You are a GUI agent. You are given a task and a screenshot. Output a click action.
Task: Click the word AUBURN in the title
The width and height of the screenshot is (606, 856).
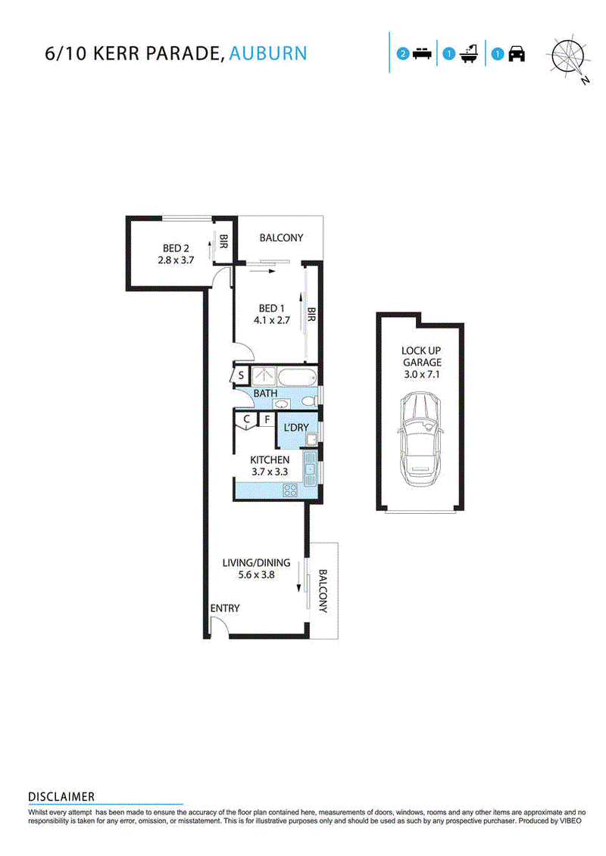pos(268,54)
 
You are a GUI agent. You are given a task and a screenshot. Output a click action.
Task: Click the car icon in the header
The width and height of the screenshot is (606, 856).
pos(517,54)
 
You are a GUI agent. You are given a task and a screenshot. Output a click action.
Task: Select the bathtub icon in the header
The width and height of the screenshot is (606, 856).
pos(470,54)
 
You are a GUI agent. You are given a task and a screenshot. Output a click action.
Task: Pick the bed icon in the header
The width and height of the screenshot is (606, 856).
pos(422,54)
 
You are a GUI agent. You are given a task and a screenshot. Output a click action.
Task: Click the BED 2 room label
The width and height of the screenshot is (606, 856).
pos(176,248)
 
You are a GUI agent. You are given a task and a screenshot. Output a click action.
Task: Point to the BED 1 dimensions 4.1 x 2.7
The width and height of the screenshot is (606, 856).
pos(272,320)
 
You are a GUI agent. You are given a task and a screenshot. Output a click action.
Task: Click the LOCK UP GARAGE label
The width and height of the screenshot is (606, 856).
pos(421,356)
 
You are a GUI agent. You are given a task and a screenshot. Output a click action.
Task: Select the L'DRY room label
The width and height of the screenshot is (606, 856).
pos(296,428)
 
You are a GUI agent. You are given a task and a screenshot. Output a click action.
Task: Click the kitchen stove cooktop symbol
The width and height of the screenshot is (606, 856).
pos(290,490)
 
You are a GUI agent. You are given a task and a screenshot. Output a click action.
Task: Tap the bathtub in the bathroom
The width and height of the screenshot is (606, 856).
pos(298,377)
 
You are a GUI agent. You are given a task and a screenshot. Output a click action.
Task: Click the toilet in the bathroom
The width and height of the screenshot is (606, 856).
pos(311,401)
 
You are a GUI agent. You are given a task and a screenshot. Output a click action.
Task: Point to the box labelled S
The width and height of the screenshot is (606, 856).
pos(241,375)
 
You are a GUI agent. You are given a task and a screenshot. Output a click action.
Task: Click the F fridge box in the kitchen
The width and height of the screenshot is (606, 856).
pos(267,419)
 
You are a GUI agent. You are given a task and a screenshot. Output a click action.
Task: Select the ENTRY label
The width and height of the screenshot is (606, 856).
pos(225,609)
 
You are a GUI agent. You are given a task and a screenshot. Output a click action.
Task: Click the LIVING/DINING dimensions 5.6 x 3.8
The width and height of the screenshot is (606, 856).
pos(256,575)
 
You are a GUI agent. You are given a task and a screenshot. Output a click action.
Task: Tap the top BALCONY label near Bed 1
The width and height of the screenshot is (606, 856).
pos(281,238)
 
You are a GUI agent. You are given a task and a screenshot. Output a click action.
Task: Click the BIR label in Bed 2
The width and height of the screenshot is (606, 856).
pos(223,241)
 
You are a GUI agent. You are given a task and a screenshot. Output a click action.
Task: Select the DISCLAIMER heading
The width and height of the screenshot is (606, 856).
pos(61,796)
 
